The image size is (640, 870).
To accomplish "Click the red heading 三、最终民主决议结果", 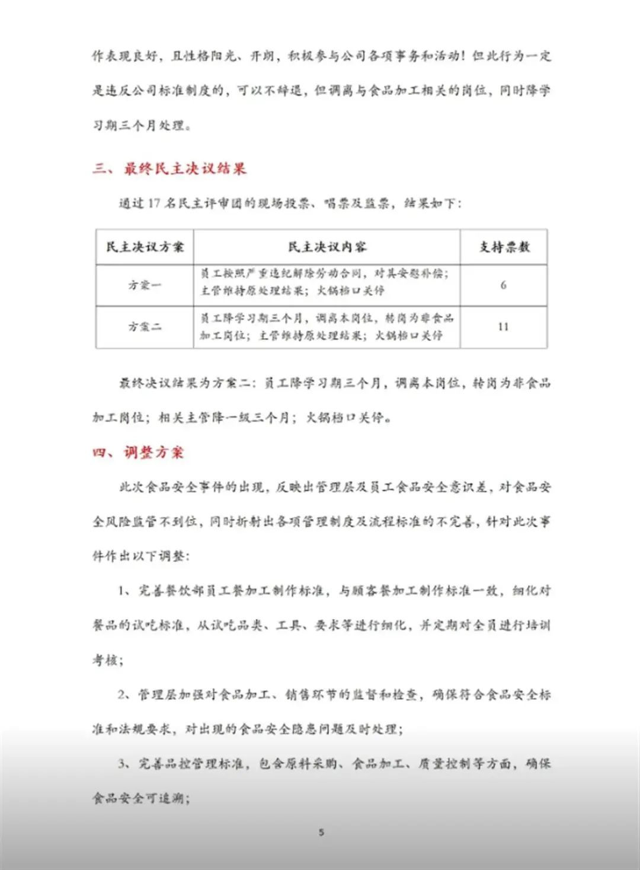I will [x=169, y=169].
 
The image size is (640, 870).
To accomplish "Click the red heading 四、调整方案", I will [x=139, y=452].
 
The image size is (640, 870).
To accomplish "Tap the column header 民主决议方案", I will [x=145, y=247].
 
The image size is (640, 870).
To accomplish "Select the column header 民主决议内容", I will [x=327, y=247].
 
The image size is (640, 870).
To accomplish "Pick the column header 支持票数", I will [x=504, y=247].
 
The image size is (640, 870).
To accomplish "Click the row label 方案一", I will [x=145, y=285].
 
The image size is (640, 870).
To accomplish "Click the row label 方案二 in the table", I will [x=145, y=327].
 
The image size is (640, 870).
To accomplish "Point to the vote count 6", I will [x=503, y=285].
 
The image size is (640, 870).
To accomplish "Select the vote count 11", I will [x=503, y=327].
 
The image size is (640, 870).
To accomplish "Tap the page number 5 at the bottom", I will [x=321, y=832].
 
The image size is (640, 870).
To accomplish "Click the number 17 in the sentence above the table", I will [x=154, y=203].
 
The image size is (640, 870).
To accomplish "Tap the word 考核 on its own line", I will [x=107, y=660].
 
